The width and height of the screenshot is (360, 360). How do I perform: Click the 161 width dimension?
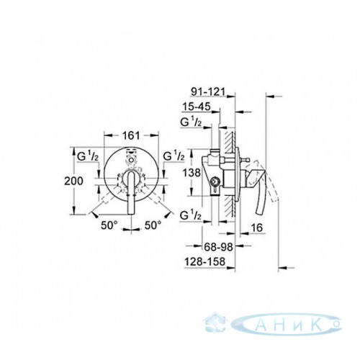coord(131,136)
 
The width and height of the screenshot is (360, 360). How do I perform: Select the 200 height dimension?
coord(73,181)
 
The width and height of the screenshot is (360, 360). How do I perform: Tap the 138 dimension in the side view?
coord(192,173)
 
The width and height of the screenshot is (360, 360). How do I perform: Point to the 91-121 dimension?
coord(208,91)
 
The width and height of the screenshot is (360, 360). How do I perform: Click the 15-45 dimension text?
coord(197,107)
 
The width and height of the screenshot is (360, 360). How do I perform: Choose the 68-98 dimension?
coord(218,247)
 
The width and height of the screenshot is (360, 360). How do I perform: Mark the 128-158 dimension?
coord(204,262)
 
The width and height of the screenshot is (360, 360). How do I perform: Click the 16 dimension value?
coord(256,228)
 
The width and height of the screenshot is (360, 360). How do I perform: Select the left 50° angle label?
coord(109,225)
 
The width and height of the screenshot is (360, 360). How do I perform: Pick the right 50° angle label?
coord(153,225)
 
